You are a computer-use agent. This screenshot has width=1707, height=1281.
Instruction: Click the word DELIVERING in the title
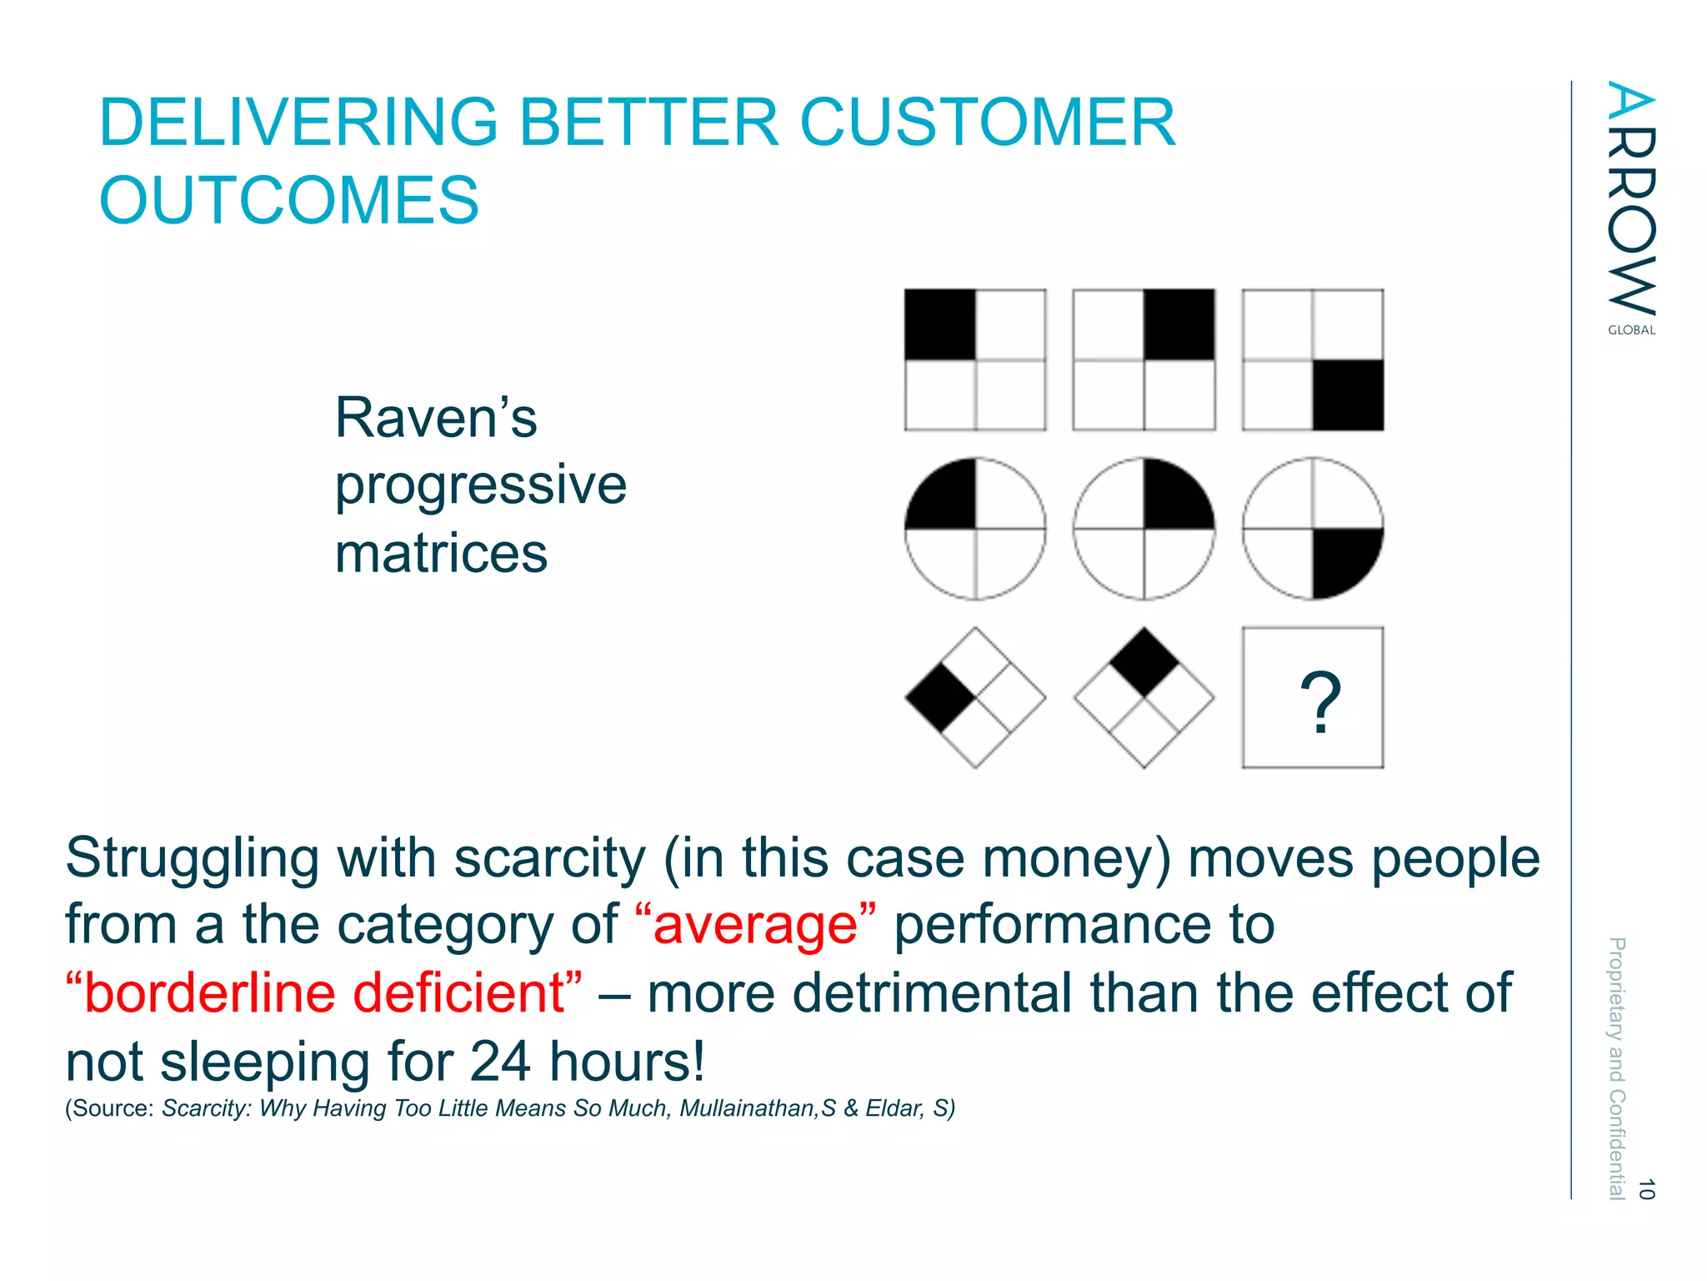(x=298, y=123)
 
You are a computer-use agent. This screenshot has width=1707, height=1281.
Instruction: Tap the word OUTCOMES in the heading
(x=288, y=201)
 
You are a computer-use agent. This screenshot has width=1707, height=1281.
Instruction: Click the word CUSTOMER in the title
(x=987, y=123)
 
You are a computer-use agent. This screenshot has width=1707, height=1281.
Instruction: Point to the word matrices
(x=441, y=554)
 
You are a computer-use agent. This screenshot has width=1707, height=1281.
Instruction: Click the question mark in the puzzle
(x=1320, y=702)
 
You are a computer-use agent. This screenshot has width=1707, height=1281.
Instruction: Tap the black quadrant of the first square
(x=940, y=325)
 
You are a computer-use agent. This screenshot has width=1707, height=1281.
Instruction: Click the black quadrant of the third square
(x=1348, y=395)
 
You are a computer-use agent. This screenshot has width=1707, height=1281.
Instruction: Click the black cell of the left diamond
(x=940, y=697)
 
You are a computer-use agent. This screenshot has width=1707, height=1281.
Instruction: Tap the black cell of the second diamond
(x=1144, y=661)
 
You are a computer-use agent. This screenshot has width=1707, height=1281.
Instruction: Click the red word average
(x=755, y=925)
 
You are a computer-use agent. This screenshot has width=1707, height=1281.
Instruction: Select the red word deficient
(x=458, y=993)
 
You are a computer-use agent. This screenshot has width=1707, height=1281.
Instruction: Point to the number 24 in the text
(x=500, y=1062)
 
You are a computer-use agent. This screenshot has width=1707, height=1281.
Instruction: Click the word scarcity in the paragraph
(x=549, y=858)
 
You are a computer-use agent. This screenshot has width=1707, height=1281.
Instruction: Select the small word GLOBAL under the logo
(x=1631, y=330)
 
